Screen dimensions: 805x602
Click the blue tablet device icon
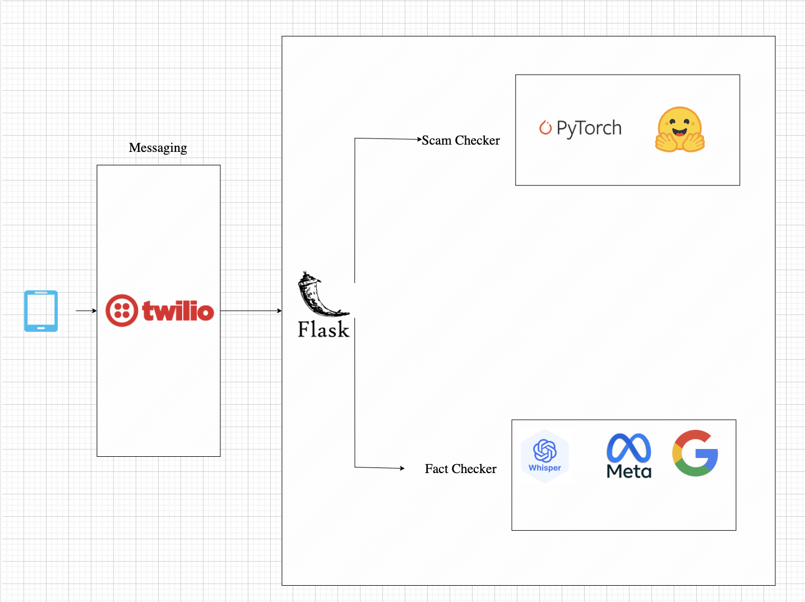click(41, 311)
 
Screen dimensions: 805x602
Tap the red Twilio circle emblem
click(122, 311)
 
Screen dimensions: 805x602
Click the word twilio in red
click(178, 311)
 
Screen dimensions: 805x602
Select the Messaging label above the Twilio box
click(158, 147)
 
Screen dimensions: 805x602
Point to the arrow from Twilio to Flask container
click(251, 311)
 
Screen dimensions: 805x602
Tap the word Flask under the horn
click(323, 330)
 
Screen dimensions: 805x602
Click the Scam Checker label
click(460, 140)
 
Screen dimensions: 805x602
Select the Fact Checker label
click(460, 469)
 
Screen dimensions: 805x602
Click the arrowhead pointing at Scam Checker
click(419, 139)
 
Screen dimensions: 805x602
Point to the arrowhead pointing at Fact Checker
click(401, 468)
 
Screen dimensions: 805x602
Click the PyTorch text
click(589, 128)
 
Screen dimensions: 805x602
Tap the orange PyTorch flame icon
click(545, 128)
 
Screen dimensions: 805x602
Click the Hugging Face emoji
click(679, 129)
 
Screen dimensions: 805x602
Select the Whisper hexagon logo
click(545, 455)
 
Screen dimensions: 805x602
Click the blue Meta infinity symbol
click(629, 448)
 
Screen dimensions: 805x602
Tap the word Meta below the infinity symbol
click(629, 471)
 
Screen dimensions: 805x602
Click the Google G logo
click(695, 453)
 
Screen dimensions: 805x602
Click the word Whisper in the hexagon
click(545, 468)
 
